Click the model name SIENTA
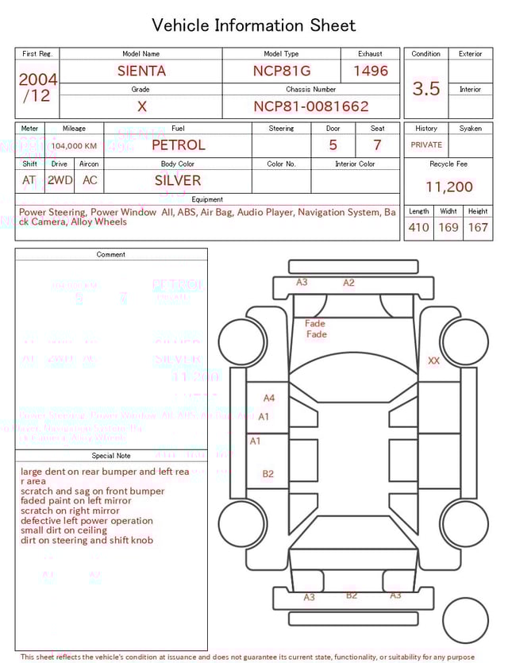(141, 71)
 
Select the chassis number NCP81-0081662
(311, 106)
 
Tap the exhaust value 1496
(371, 71)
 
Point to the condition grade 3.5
(426, 89)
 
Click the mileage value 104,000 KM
(75, 146)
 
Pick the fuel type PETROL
(178, 145)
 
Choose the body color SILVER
(178, 180)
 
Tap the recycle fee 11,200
(449, 187)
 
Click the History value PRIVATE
(426, 145)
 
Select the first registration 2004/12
(37, 87)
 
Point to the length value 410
(418, 228)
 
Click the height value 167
(478, 228)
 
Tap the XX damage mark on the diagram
(433, 360)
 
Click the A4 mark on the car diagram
(269, 398)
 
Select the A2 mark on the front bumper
(348, 283)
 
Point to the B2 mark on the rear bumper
(352, 596)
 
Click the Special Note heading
(111, 456)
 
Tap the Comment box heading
(111, 255)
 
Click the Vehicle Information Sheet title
(254, 25)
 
